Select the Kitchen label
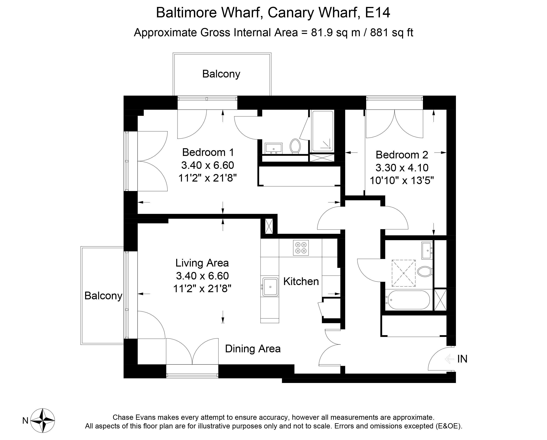click(x=301, y=281)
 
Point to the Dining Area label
click(x=253, y=349)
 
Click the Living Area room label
click(x=202, y=263)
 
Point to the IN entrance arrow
click(x=449, y=359)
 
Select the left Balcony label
click(x=103, y=296)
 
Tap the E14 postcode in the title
click(x=377, y=13)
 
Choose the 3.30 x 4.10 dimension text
click(x=402, y=167)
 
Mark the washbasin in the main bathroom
click(x=427, y=250)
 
